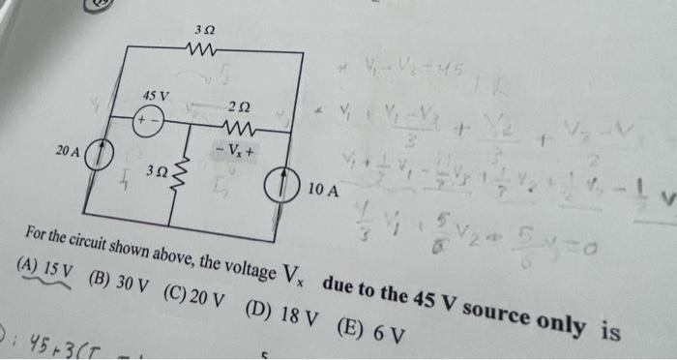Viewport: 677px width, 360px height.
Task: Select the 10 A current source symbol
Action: pos(291,184)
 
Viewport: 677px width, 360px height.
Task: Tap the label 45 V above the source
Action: pos(155,97)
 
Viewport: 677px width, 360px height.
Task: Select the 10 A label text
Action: pos(325,189)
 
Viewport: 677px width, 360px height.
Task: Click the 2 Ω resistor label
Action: pos(242,105)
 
